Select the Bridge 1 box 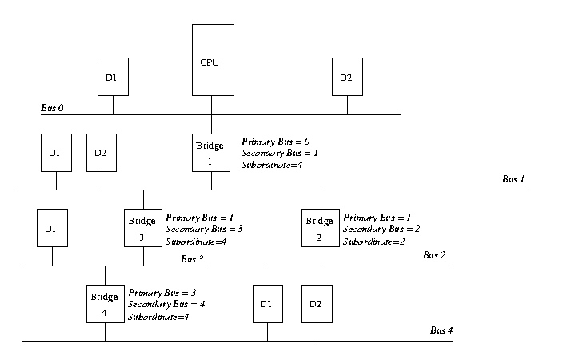click(x=211, y=152)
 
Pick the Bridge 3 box click(x=143, y=227)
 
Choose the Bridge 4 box click(x=105, y=303)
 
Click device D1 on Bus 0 click(x=112, y=78)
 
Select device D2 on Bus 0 click(x=346, y=78)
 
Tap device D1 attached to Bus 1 click(x=56, y=153)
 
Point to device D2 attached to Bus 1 click(x=102, y=153)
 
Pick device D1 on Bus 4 click(x=266, y=304)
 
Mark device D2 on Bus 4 click(x=316, y=304)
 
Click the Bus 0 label click(x=53, y=107)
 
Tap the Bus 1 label click(x=513, y=179)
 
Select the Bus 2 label click(x=435, y=255)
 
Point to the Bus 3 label click(x=193, y=258)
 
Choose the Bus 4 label click(x=441, y=330)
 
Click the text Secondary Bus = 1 click(x=280, y=153)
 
